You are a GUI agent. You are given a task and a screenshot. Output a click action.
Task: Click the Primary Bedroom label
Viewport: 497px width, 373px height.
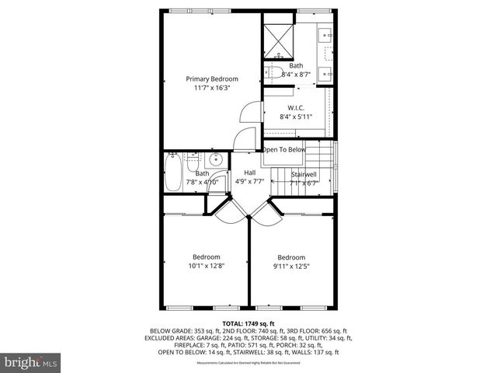[x=211, y=78]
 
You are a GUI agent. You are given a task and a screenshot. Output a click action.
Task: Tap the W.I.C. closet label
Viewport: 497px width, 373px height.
[x=295, y=107]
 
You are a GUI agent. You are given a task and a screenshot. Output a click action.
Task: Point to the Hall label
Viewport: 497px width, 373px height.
[x=249, y=173]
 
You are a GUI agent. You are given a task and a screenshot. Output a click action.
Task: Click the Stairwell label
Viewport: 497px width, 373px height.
[x=304, y=173]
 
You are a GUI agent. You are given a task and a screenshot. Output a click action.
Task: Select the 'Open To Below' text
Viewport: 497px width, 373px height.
[x=284, y=149]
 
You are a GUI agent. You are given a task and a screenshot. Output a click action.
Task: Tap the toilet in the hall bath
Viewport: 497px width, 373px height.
[x=194, y=162]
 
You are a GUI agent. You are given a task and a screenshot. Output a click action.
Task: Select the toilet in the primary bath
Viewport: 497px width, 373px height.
[x=275, y=74]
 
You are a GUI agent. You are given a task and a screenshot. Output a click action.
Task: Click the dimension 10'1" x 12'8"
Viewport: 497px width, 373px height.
[x=207, y=266]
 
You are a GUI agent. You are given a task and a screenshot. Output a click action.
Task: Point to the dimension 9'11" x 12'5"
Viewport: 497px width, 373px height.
[x=291, y=267]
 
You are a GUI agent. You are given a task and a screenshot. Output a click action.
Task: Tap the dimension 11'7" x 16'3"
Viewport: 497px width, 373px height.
[x=211, y=88]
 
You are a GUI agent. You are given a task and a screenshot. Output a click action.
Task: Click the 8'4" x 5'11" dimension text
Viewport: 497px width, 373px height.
[x=295, y=117]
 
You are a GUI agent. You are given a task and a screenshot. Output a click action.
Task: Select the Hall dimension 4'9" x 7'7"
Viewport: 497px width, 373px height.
[x=250, y=182]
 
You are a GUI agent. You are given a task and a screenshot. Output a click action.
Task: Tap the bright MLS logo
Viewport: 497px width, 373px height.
[x=31, y=362]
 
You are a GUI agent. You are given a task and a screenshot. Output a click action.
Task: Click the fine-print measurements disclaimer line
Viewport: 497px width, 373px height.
[x=248, y=362]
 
